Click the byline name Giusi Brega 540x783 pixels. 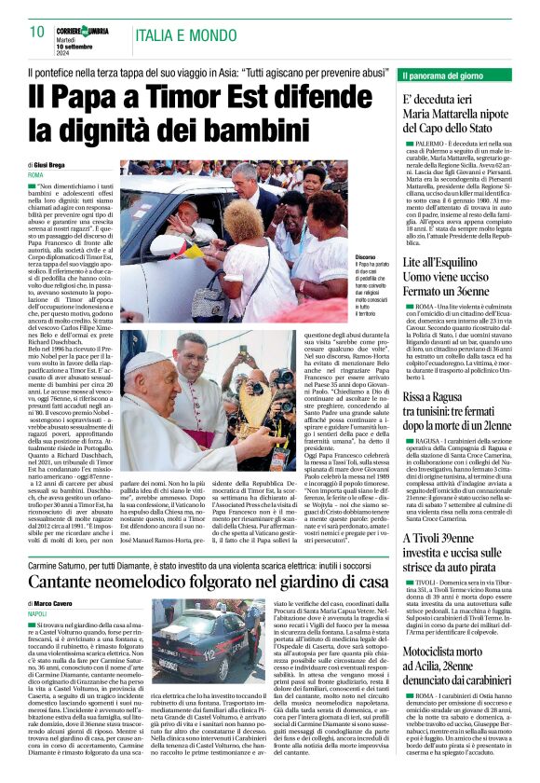pyautogui.click(x=55, y=165)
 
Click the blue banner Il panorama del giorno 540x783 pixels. pyautogui.click(x=447, y=74)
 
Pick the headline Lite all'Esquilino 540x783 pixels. pyautogui.click(x=444, y=264)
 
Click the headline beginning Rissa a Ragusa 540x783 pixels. pyautogui.click(x=442, y=373)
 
